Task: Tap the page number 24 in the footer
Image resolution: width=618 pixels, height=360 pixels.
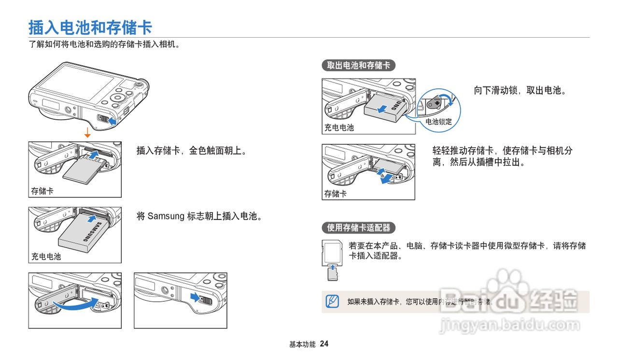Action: tap(324, 344)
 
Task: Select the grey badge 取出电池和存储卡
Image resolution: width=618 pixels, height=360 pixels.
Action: tap(358, 66)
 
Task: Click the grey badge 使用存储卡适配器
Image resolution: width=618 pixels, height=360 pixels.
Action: tap(358, 228)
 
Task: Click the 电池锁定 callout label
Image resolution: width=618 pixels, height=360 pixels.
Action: tap(438, 122)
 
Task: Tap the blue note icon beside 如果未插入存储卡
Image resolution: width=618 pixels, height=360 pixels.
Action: tap(332, 301)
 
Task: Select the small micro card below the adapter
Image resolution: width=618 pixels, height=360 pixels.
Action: tap(332, 274)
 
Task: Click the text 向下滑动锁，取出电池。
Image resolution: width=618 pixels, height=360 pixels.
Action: tap(520, 90)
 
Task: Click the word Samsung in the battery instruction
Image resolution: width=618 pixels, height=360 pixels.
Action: tap(166, 216)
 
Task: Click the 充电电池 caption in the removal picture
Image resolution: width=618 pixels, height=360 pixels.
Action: tap(339, 128)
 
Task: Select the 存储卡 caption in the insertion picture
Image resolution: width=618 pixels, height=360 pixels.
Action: tap(42, 191)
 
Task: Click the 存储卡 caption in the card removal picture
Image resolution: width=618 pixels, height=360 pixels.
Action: tap(336, 194)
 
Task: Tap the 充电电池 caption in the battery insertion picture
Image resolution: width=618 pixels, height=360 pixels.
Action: tap(46, 257)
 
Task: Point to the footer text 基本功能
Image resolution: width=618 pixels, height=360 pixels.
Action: tap(302, 345)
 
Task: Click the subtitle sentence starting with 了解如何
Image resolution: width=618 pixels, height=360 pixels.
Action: tap(104, 45)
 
